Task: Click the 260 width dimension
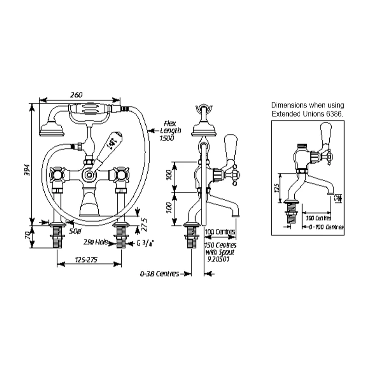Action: (77, 95)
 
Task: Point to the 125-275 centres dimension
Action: (86, 260)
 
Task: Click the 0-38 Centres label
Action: (159, 274)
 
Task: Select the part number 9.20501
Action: (220, 259)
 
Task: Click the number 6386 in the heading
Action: (333, 113)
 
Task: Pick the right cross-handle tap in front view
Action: (122, 175)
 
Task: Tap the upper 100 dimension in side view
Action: (170, 176)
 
